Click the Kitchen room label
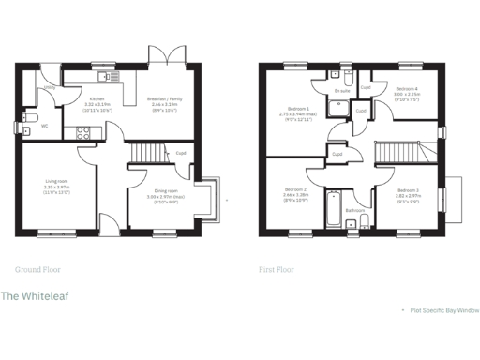coord(96,97)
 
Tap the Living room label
coord(57,183)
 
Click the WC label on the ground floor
coord(44,124)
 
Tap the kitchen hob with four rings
coord(80,133)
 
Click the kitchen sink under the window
coord(104,76)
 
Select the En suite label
coord(342,91)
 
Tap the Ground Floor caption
coord(38,269)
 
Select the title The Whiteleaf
coord(34,297)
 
